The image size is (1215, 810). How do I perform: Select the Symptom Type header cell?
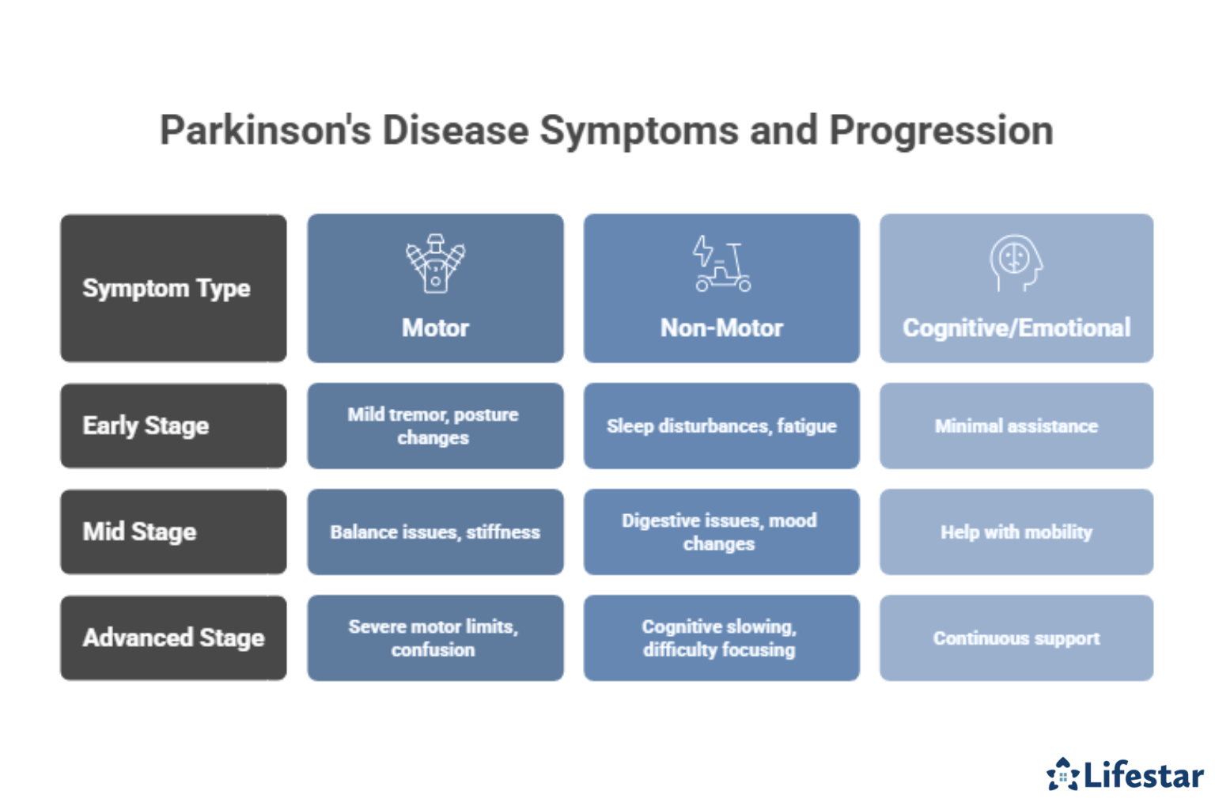pyautogui.click(x=173, y=288)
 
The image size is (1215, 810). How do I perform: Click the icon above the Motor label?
pyautogui.click(x=435, y=263)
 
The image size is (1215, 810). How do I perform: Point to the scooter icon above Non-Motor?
pyautogui.click(x=721, y=263)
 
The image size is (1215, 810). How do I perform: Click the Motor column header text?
pyautogui.click(x=435, y=327)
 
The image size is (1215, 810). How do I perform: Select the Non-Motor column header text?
pyautogui.click(x=721, y=327)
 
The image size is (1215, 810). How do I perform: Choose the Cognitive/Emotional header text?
pyautogui.click(x=1016, y=327)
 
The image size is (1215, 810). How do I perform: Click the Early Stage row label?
pyautogui.click(x=173, y=426)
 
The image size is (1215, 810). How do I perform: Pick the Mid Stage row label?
pyautogui.click(x=173, y=532)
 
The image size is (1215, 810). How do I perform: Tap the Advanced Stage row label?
pyautogui.click(x=173, y=638)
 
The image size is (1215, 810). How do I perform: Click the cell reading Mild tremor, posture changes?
pyautogui.click(x=434, y=426)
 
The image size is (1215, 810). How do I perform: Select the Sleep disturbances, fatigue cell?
pyautogui.click(x=721, y=426)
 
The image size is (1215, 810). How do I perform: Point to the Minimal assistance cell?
pyautogui.click(x=1016, y=426)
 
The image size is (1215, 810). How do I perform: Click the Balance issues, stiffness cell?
pyautogui.click(x=435, y=532)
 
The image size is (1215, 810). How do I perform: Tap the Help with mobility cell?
pyautogui.click(x=1016, y=532)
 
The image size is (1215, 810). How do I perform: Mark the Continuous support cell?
pyautogui.click(x=1016, y=638)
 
